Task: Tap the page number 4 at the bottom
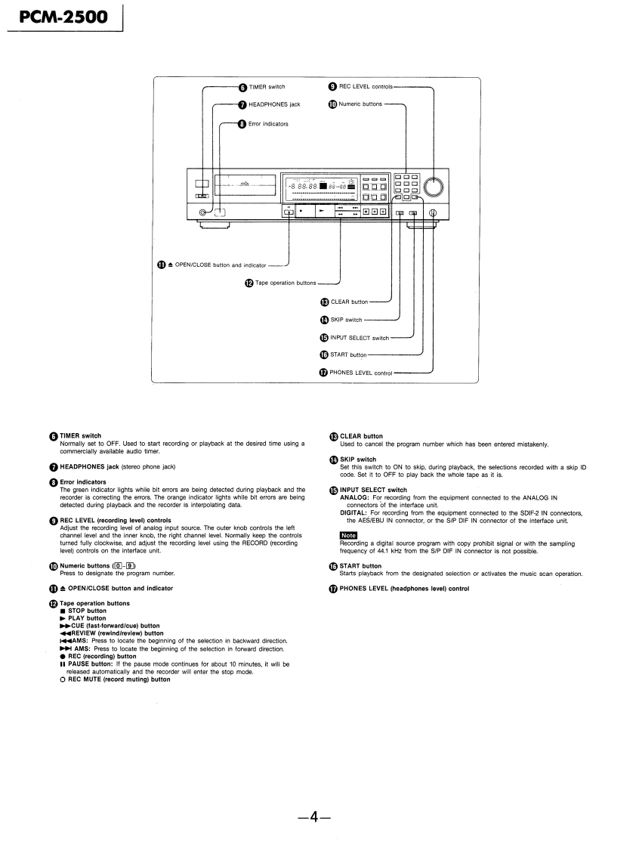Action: click(x=319, y=817)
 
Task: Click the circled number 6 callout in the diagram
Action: click(x=242, y=88)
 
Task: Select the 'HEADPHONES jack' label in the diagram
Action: click(x=274, y=105)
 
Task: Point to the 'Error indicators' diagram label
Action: click(x=268, y=123)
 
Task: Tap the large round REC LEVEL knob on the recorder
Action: click(x=434, y=187)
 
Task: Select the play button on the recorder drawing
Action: click(x=321, y=212)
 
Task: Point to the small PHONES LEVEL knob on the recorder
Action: click(x=433, y=213)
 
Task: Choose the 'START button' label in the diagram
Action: click(x=347, y=354)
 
